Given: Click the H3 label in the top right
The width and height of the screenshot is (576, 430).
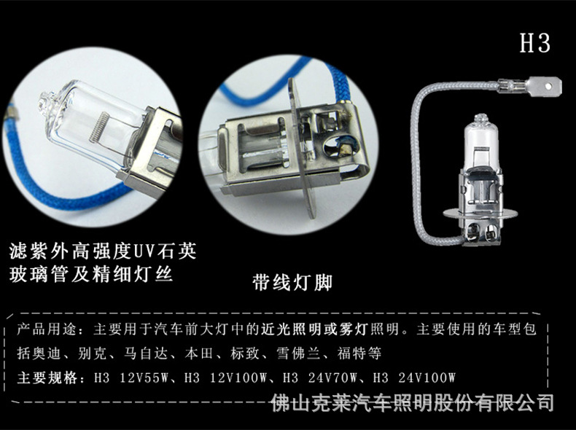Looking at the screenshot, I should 534,43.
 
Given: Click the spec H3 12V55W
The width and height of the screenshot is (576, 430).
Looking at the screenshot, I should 130,378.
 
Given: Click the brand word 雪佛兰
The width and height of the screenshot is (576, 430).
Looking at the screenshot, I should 285,354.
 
